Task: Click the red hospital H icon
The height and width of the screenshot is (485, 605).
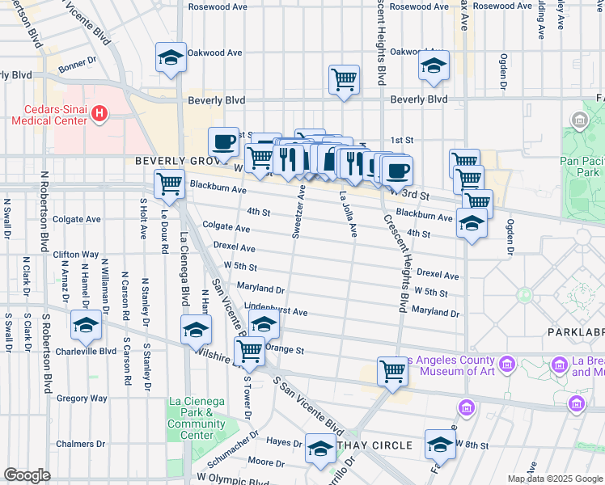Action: point(99,114)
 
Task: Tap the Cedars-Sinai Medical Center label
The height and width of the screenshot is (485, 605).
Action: point(46,114)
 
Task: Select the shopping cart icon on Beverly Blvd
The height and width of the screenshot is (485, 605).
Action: point(344,79)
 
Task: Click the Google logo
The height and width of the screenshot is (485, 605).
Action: point(27,475)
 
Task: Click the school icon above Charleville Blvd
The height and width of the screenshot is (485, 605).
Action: point(85,325)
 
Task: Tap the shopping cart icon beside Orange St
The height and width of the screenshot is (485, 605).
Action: point(250,351)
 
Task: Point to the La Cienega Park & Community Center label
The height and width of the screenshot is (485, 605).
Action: point(197,418)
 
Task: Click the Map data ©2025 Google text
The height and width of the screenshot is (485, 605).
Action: point(553,478)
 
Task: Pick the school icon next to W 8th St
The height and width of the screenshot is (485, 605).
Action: point(440,444)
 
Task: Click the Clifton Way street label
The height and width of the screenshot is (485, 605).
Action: point(76,254)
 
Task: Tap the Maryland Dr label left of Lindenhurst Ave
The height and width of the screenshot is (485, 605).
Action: point(260,289)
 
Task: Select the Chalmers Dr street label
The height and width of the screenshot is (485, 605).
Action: point(82,444)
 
